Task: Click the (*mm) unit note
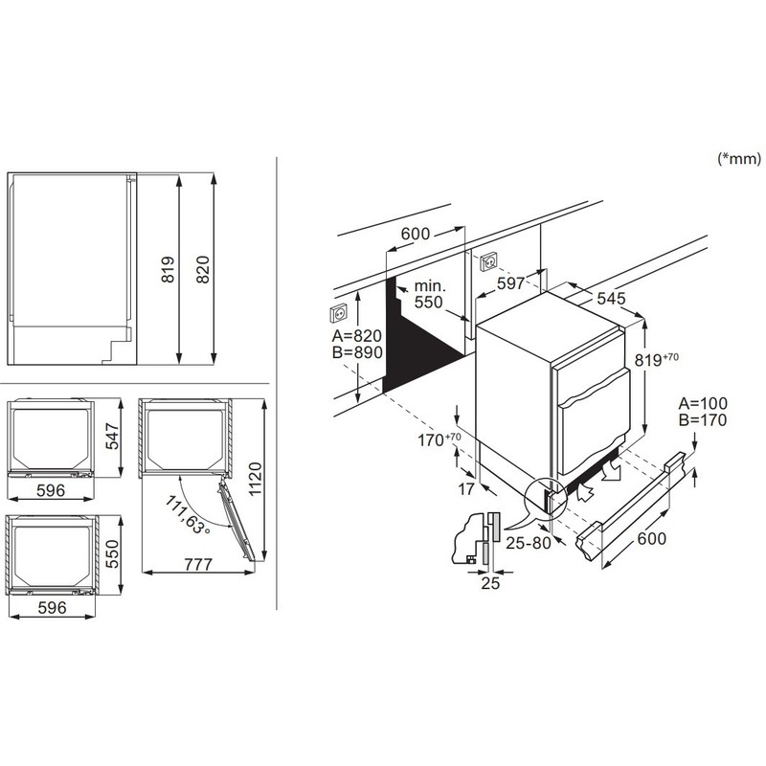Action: (x=738, y=158)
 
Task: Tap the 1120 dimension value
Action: (x=255, y=480)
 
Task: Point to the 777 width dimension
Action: (x=198, y=564)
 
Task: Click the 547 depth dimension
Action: (x=112, y=437)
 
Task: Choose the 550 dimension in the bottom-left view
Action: (x=112, y=554)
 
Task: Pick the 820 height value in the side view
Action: (x=202, y=269)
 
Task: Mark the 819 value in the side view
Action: (x=168, y=269)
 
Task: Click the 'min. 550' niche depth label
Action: (x=429, y=294)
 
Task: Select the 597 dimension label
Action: (x=511, y=282)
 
